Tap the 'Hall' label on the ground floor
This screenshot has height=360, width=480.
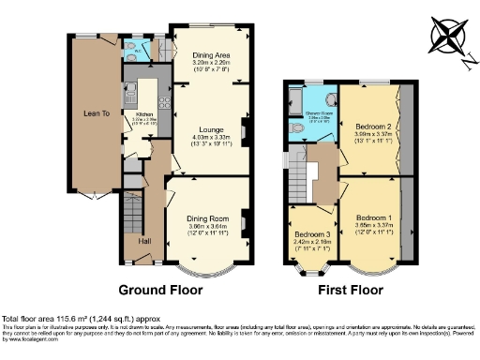144,241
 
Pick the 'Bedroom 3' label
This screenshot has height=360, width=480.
310,233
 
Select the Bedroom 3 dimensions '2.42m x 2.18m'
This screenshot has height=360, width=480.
310,241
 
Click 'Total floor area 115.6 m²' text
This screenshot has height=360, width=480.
56,319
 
